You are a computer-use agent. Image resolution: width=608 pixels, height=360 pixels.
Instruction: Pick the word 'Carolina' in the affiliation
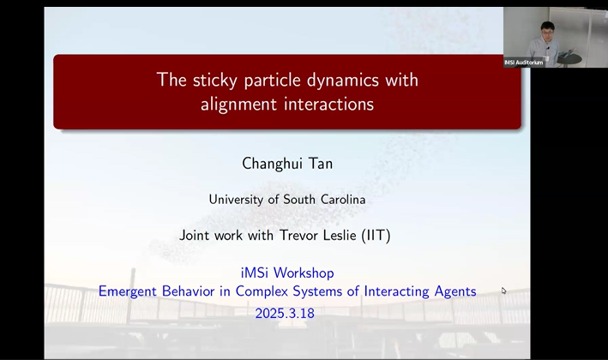point(340,200)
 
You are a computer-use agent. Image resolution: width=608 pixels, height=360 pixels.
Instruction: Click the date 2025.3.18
point(285,314)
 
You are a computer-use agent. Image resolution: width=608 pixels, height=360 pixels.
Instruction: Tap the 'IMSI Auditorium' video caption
point(523,63)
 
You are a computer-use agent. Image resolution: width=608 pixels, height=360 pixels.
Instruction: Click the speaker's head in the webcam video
point(546,31)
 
